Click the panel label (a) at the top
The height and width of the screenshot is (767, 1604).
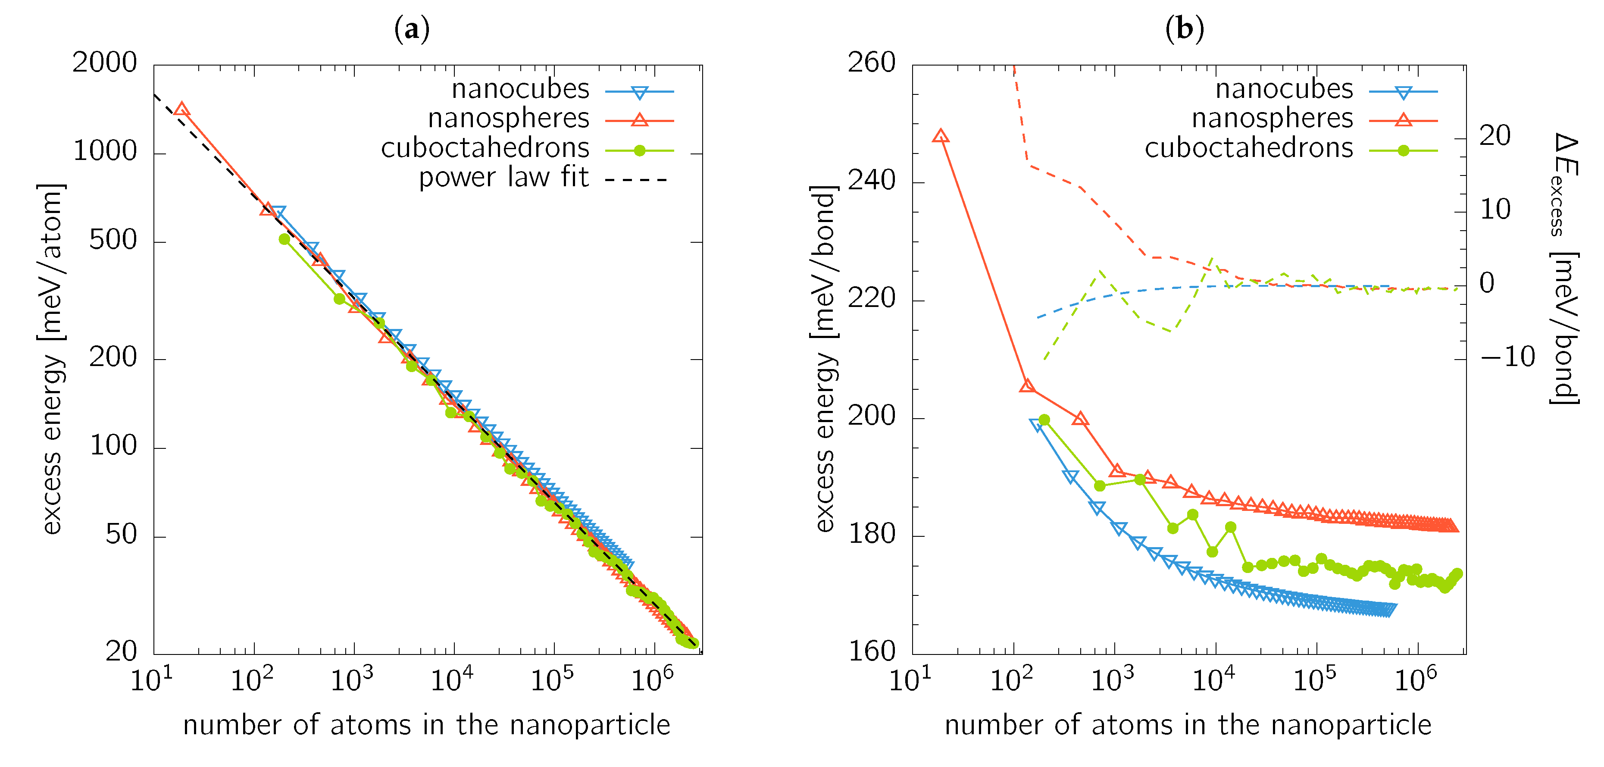[412, 29]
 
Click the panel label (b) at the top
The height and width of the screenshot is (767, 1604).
[1184, 29]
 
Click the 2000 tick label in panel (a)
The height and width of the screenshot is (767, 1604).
[105, 63]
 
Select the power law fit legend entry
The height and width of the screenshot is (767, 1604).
[503, 178]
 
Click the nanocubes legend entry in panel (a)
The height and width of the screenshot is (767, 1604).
[520, 89]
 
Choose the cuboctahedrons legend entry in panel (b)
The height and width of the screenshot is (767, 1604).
[1248, 148]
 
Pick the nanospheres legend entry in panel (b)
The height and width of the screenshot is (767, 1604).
[1272, 118]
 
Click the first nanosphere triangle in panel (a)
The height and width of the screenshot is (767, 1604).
[181, 110]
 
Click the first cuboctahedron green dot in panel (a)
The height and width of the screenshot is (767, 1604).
[285, 239]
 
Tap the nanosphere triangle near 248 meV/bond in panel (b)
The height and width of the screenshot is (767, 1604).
[941, 136]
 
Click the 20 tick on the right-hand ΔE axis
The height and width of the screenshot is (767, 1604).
[1495, 136]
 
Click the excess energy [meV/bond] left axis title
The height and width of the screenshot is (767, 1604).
[825, 358]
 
